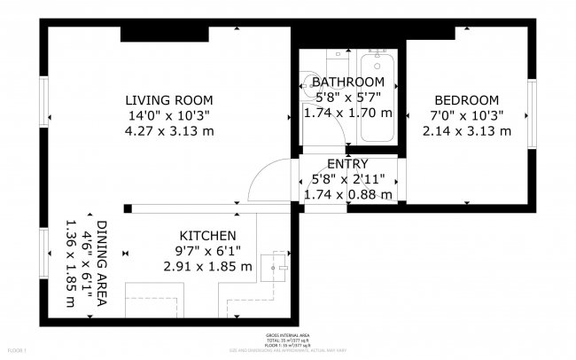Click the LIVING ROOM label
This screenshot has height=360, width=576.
click(x=168, y=100)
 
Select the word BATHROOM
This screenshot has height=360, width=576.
click(x=347, y=82)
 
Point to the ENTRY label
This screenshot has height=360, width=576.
click(x=347, y=164)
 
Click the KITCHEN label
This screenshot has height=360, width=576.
click(x=207, y=236)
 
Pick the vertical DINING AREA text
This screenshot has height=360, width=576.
click(x=102, y=264)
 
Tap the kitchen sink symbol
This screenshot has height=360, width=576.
click(x=280, y=264)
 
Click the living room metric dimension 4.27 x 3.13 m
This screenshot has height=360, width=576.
click(x=168, y=131)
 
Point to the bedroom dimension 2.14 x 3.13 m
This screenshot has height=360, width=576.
click(x=466, y=131)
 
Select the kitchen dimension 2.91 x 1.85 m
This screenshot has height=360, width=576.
click(x=207, y=266)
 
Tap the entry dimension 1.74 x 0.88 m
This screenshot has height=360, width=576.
click(x=347, y=194)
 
